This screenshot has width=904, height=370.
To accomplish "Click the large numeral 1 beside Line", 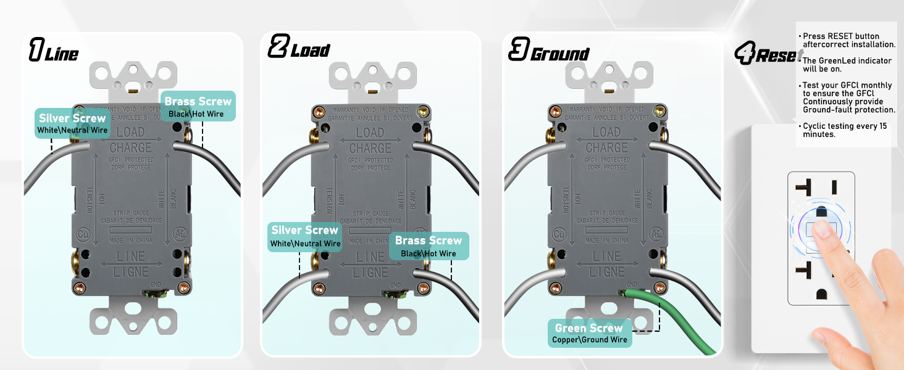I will tap(36, 49).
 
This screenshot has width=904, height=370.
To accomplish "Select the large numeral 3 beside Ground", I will tap(517, 49).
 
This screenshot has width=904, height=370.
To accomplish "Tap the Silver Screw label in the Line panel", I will tap(72, 118).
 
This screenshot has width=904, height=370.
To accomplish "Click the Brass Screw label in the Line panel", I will tap(198, 102).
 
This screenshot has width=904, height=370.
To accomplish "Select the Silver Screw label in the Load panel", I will tap(305, 230).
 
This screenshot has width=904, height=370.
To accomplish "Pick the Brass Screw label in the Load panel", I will tap(429, 240).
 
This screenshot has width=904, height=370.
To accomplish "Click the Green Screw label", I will tap(588, 328).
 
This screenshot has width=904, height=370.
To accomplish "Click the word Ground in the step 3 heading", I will tap(560, 54).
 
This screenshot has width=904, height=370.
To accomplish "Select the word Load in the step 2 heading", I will tap(310, 51).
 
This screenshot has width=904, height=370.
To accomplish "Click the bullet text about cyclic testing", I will tap(845, 129).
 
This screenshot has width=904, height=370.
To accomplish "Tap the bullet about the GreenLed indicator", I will tap(846, 64).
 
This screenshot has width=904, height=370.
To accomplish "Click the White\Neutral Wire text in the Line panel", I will tap(72, 130).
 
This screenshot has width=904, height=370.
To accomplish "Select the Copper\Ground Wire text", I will tap(590, 340).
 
